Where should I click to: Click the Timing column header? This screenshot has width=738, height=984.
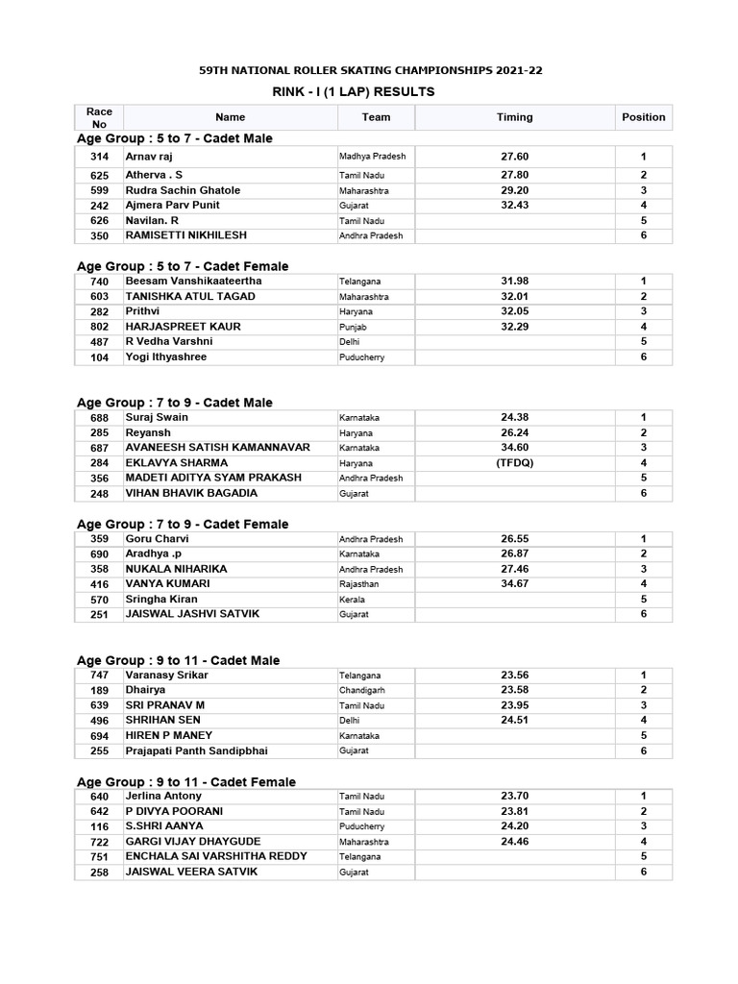click(514, 117)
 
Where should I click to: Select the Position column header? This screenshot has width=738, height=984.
click(643, 117)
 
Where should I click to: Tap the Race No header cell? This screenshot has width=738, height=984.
click(99, 117)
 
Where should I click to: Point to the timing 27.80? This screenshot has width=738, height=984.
click(514, 175)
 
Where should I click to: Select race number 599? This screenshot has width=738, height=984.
click(99, 190)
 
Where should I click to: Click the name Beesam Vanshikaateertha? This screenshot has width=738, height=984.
click(193, 281)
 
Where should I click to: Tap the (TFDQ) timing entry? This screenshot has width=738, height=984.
click(514, 463)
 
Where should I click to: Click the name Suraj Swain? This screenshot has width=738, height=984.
click(157, 418)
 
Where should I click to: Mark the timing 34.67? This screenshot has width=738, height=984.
click(514, 584)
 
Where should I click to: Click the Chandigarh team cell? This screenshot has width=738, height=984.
click(361, 690)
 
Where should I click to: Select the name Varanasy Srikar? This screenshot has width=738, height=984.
click(166, 676)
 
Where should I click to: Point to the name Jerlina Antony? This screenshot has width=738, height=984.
click(163, 797)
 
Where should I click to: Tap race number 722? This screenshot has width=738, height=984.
click(99, 842)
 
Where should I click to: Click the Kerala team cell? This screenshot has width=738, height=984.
click(351, 600)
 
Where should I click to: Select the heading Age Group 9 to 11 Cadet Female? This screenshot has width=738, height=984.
click(186, 782)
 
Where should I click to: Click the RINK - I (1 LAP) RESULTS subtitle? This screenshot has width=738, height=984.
click(355, 92)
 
